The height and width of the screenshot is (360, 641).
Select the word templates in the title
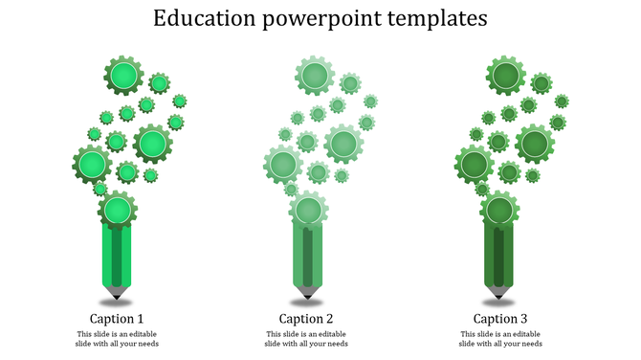click(444, 19)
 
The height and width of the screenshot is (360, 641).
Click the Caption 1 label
click(118, 319)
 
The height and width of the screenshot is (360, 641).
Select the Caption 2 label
click(307, 319)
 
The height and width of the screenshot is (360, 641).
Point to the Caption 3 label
click(500, 319)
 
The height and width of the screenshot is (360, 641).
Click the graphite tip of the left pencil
click(118, 291)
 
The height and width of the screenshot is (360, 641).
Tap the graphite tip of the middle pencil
click(307, 291)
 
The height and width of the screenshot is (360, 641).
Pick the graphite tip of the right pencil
click(499, 291)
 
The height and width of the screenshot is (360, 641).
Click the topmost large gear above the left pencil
click(122, 75)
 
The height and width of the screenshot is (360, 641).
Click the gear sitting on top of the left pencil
click(117, 210)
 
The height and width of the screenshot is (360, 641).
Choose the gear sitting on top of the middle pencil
click(307, 210)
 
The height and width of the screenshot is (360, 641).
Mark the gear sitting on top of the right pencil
click(499, 210)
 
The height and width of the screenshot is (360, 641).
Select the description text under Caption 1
click(118, 339)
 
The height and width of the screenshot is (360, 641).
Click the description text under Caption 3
click(500, 339)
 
